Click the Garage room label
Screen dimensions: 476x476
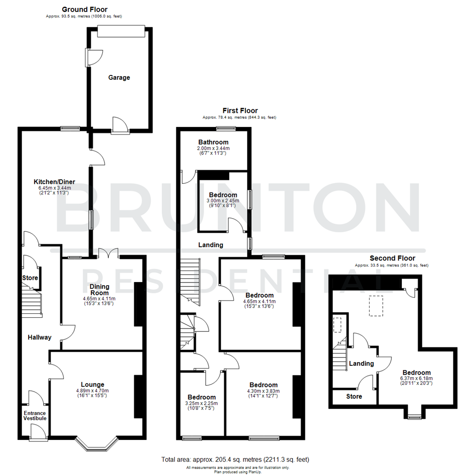[x=119, y=78]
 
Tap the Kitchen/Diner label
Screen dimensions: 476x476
[x=54, y=182]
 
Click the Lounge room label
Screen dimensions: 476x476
[x=93, y=384]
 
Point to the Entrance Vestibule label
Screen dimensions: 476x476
[x=35, y=416]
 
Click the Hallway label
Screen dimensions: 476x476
[x=40, y=338]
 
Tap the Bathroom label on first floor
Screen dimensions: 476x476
[x=213, y=142]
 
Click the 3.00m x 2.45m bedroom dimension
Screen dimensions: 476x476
[x=223, y=201]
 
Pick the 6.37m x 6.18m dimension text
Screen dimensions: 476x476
[x=416, y=378]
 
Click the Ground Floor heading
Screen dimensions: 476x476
[x=84, y=9]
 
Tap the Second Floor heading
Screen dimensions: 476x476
[x=392, y=258]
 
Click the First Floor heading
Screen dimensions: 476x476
[x=239, y=111]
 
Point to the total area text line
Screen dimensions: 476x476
[x=235, y=459]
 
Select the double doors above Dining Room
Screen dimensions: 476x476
[x=108, y=253]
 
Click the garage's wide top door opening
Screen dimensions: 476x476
[x=120, y=31]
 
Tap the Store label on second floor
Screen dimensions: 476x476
[x=354, y=397]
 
